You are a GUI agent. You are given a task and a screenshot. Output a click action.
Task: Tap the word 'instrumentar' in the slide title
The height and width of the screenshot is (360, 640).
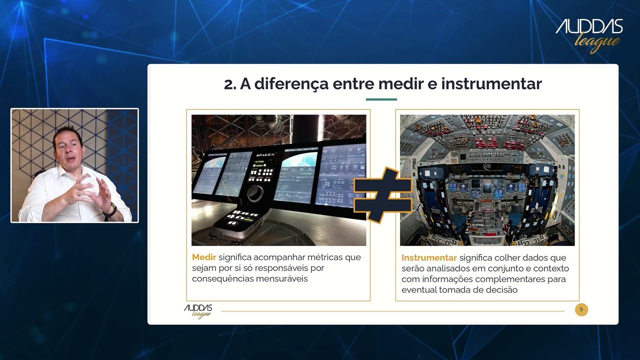click(x=491, y=83)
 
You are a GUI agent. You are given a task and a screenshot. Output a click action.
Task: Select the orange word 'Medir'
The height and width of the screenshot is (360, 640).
click(x=203, y=257)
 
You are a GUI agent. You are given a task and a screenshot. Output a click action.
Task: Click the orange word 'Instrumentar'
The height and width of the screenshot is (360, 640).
click(x=429, y=257)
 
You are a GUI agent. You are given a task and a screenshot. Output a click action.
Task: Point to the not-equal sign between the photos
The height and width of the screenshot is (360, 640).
click(x=382, y=195)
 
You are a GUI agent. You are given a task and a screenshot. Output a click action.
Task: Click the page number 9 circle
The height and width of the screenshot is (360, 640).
click(x=581, y=309)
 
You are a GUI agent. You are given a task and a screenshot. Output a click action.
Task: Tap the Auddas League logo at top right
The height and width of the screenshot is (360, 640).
click(x=589, y=36)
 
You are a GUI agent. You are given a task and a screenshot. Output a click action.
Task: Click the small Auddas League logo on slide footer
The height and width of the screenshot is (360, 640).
click(x=198, y=311)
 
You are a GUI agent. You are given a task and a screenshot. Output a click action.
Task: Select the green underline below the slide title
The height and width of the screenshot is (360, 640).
click(x=381, y=99)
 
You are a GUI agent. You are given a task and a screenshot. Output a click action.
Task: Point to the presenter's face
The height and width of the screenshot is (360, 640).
click(x=68, y=152)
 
